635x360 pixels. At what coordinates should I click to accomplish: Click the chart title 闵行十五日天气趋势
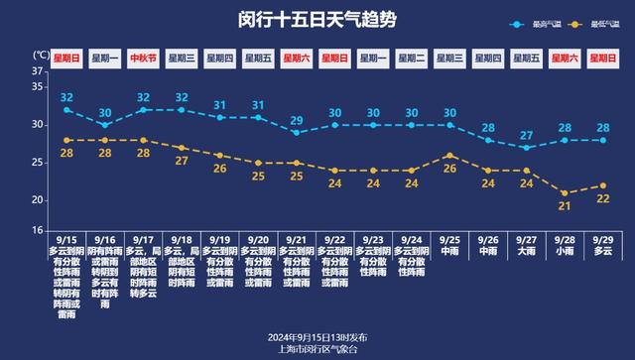coord(317,20)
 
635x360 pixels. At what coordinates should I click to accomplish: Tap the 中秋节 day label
coord(143,58)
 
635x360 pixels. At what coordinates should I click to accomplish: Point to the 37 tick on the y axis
coord(37,71)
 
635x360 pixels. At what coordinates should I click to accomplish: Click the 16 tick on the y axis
coord(37,230)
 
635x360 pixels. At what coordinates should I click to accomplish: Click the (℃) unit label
coord(40,54)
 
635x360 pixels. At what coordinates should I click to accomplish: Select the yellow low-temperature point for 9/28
coord(564,192)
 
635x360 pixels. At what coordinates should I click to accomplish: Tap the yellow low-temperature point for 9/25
coord(449,156)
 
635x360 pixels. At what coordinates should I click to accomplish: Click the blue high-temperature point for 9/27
coord(526,147)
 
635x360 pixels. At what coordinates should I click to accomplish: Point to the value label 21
coord(564,205)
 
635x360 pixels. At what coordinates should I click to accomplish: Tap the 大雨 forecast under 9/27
coord(526,252)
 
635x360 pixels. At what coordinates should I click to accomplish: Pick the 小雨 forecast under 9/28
coord(564,252)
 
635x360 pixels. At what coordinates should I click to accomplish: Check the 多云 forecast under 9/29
coord(601,252)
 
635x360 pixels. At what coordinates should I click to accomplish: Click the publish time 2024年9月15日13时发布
coord(317,336)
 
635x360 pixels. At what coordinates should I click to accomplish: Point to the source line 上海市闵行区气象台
coord(317,348)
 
